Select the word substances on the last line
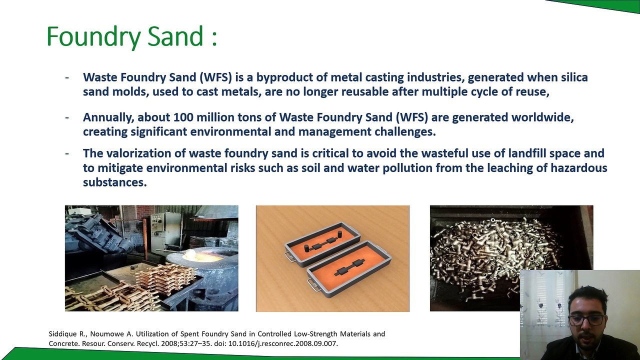click(x=114, y=182)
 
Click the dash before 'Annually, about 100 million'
click(x=67, y=117)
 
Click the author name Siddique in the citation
click(x=63, y=334)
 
